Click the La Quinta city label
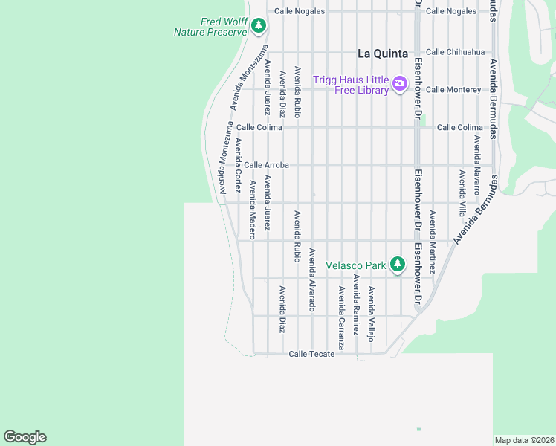point(383,54)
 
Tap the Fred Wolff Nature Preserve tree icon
point(259,26)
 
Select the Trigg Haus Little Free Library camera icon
point(400,83)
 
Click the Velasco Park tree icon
point(398,264)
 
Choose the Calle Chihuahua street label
point(456,52)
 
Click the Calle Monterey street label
point(453,89)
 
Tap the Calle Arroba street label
point(266,165)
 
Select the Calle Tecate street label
point(311,354)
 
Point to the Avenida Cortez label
point(238,165)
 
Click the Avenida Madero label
point(253,210)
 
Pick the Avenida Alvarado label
point(312,280)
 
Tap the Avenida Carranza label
point(341,318)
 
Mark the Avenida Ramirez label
point(356,305)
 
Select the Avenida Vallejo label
point(371,314)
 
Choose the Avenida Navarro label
point(476,160)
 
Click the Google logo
point(25,437)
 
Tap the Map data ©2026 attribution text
point(523,440)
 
